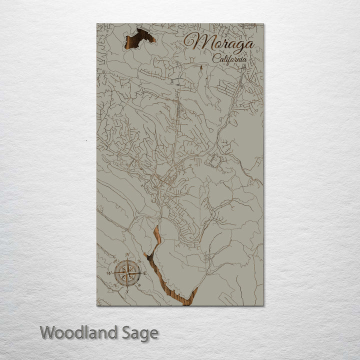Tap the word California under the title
coord(229,58)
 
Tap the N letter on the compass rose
coord(127,255)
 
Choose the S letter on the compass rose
coord(127,291)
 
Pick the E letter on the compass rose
coord(145,273)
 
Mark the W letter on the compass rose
coord(109,273)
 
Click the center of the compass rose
coord(127,273)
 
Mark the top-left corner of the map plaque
coord(97,23)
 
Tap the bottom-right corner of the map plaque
coord(263,305)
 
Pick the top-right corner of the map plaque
coord(263,23)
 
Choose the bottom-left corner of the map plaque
coord(97,305)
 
